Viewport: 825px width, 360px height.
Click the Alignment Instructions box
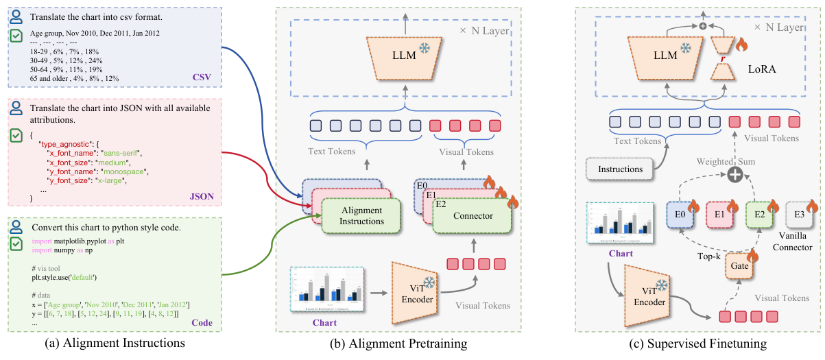click(361, 216)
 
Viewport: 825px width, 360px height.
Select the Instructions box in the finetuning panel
click(619, 169)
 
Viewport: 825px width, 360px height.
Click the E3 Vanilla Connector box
click(799, 215)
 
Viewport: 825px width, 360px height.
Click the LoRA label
click(766, 70)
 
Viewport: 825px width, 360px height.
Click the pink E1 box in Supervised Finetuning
click(720, 215)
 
